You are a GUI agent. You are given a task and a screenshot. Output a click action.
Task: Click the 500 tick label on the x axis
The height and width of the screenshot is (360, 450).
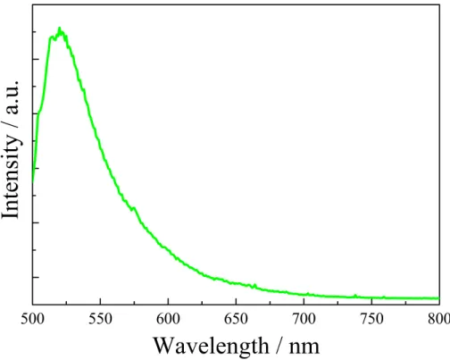click(33, 319)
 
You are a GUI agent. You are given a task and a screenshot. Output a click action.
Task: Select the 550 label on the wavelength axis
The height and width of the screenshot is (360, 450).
click(101, 319)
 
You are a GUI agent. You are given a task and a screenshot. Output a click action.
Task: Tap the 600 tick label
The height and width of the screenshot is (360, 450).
click(168, 319)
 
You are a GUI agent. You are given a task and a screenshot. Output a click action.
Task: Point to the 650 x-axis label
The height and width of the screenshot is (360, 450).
click(236, 319)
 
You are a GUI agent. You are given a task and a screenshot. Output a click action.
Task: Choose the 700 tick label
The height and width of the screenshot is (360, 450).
click(304, 319)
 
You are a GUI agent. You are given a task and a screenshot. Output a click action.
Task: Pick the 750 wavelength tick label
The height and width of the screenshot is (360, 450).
click(371, 319)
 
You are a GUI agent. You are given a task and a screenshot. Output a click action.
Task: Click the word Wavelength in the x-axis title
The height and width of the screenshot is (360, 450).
click(211, 347)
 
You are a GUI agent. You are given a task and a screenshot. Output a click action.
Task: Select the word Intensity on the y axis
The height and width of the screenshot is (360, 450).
click(12, 177)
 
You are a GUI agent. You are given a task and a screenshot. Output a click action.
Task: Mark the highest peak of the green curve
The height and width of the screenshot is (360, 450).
click(60, 29)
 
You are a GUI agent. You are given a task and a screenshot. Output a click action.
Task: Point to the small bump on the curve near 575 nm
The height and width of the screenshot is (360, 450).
click(134, 208)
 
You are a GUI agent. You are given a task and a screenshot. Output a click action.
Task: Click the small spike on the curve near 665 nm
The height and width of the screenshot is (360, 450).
click(254, 286)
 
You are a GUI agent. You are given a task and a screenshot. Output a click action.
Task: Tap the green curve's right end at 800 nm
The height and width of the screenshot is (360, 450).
click(438, 298)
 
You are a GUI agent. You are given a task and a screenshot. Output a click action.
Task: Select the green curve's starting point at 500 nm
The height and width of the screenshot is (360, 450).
click(33, 180)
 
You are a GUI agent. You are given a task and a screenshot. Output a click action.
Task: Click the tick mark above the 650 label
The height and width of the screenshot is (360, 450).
click(236, 301)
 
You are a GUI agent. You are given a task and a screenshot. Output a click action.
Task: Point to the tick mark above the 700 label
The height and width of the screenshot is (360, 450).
click(304, 301)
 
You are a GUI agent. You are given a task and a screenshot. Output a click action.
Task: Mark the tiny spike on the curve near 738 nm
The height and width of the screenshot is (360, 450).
click(355, 296)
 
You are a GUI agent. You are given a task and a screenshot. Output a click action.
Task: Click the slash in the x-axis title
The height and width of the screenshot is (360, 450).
click(279, 346)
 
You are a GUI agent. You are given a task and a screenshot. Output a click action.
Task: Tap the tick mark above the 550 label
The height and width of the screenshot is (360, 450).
click(101, 301)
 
